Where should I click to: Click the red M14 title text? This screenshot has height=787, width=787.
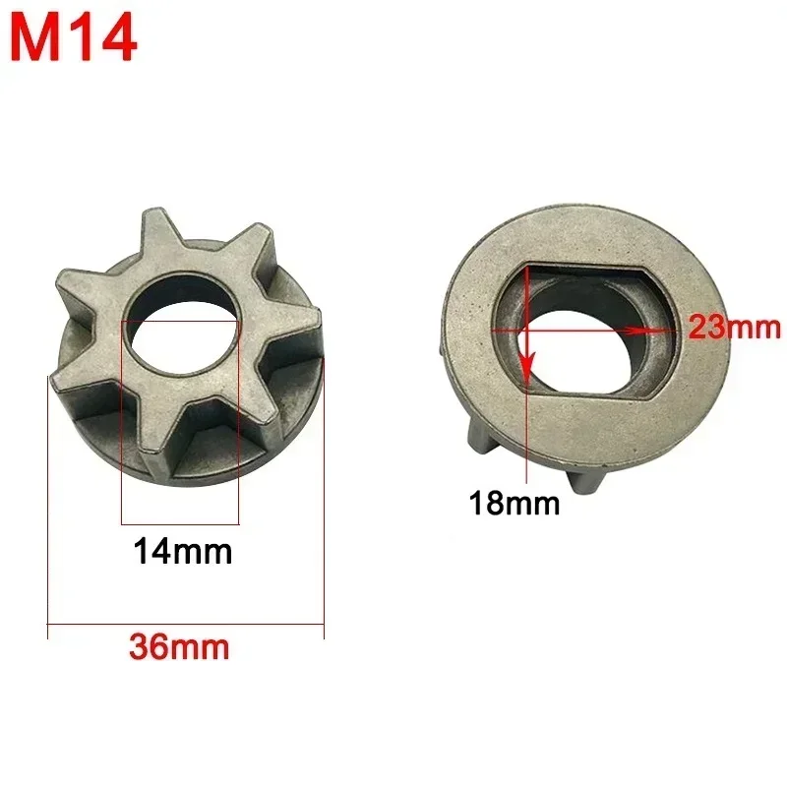(74, 38)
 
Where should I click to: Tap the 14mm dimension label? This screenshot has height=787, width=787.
(183, 552)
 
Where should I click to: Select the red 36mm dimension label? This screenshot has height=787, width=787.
(179, 647)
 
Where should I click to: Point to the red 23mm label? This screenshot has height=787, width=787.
(734, 327)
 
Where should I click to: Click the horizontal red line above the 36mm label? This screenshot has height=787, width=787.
(185, 624)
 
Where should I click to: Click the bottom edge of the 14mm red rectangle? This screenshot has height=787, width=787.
(180, 523)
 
